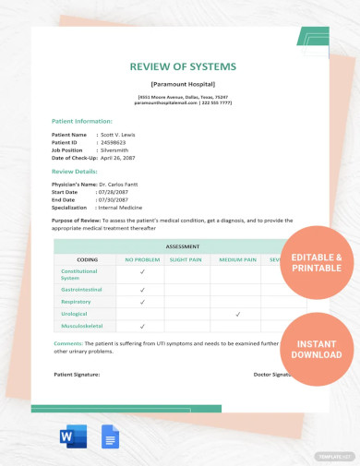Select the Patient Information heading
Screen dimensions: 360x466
pos(83,121)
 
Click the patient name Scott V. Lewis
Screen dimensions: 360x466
pos(121,135)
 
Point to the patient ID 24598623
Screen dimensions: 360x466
pos(116,142)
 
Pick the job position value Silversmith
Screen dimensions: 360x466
pos(119,149)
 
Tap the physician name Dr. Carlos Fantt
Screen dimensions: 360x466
pos(129,185)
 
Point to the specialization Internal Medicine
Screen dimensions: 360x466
pos(128,207)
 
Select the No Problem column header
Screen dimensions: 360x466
pos(142,259)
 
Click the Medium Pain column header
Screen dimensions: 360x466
pos(238,259)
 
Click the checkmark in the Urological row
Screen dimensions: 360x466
pos(238,314)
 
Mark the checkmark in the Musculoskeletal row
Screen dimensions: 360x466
pos(142,326)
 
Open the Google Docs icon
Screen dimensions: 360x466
pos(110,438)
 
